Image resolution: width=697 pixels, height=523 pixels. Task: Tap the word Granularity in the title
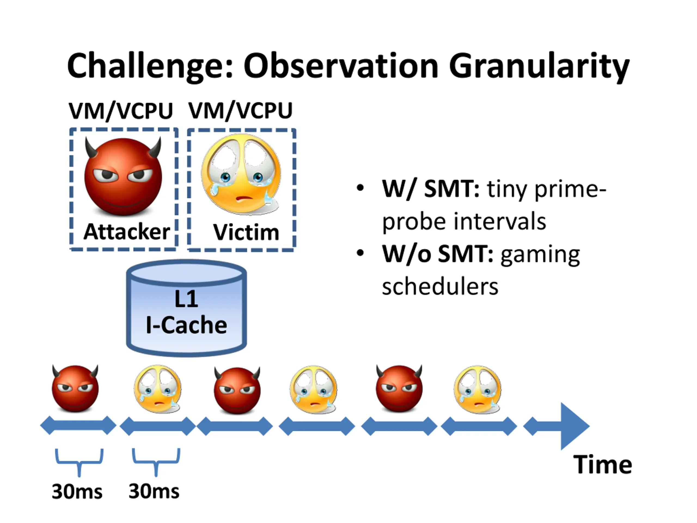539,67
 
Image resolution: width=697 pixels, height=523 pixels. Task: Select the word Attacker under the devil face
127,232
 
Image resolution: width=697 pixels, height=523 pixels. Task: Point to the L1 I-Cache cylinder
186,308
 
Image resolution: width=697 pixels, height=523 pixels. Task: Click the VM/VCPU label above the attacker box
121,111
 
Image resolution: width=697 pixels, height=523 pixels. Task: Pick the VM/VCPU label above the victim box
240,111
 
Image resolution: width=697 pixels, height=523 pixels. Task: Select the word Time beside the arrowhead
603,465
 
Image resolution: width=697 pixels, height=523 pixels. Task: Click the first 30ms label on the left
77,491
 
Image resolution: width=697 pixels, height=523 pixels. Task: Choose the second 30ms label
154,491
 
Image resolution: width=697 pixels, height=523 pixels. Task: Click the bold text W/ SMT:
431,189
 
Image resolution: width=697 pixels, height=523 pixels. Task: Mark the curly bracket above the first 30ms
79,463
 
